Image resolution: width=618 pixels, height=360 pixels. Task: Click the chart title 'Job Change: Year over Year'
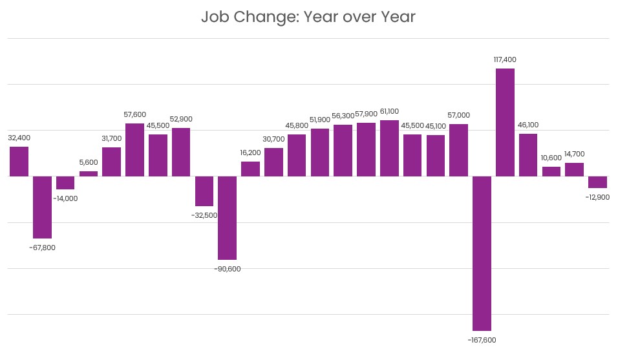click(x=308, y=17)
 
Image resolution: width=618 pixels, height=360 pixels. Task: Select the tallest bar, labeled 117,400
click(x=505, y=122)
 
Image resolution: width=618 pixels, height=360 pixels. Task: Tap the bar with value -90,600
click(x=227, y=218)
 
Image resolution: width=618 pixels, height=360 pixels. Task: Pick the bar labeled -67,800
click(x=42, y=207)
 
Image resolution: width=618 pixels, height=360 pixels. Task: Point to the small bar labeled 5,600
click(x=89, y=173)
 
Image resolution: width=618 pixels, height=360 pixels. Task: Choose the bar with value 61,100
click(x=389, y=148)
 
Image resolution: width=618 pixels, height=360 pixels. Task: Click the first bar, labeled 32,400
click(x=19, y=162)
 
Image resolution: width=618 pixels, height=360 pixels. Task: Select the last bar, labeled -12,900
click(x=597, y=182)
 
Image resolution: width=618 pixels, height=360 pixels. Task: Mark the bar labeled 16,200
click(x=250, y=169)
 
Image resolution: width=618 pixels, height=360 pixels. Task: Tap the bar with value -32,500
click(x=204, y=191)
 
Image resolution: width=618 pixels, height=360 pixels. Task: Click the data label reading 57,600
click(x=135, y=114)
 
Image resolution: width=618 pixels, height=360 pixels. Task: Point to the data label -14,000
click(x=65, y=198)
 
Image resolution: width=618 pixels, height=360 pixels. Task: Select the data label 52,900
click(x=181, y=119)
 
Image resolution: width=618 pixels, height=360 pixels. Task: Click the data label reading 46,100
click(x=528, y=125)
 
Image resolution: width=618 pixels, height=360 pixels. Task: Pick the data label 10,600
click(x=551, y=158)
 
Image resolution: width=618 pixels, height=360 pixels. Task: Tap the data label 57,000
click(x=458, y=115)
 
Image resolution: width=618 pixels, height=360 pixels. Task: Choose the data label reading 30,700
click(x=273, y=139)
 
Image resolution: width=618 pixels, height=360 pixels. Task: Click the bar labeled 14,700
click(x=574, y=169)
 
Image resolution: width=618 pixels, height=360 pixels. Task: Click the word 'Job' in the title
click(x=215, y=17)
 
